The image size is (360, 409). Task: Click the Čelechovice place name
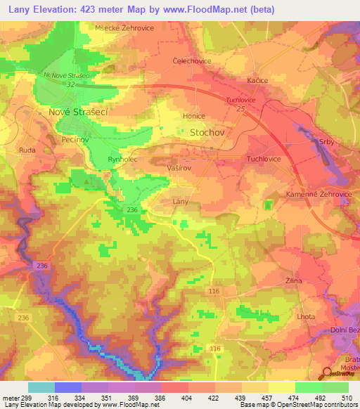click(x=192, y=61)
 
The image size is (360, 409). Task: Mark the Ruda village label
click(x=27, y=150)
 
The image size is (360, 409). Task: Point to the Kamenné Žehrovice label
click(x=313, y=193)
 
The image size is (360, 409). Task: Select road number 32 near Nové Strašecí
click(x=71, y=84)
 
